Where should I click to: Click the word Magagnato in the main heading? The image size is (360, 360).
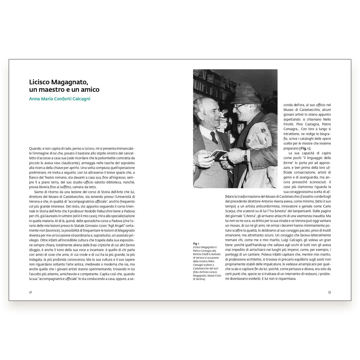tap(72, 82)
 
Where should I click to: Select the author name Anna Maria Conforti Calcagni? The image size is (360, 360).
tap(59, 99)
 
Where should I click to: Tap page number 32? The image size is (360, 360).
tap(31, 292)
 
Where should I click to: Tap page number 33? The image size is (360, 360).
tap(329, 292)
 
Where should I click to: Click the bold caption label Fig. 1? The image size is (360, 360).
tap(196, 243)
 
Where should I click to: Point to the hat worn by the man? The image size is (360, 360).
tap(246, 94)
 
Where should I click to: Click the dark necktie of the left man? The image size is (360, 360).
tap(214, 137)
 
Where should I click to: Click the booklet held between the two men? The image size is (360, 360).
tap(218, 154)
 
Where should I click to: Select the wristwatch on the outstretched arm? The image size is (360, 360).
tap(245, 155)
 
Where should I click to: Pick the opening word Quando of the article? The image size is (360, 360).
tap(35, 148)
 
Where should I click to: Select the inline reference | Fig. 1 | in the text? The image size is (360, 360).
tap(305, 148)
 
